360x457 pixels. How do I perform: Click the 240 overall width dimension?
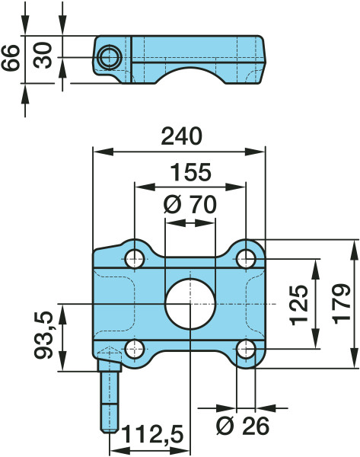(x=181, y=136)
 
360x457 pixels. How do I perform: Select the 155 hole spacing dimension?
(x=190, y=172)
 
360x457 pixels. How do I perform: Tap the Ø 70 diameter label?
(x=190, y=204)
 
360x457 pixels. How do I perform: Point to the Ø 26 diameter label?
(x=243, y=426)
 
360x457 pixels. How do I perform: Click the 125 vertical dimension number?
(x=299, y=305)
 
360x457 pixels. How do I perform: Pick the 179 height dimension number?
(x=342, y=304)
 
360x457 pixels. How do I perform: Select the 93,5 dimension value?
(x=43, y=335)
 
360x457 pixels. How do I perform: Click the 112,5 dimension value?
(x=153, y=435)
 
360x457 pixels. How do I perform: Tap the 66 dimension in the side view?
(x=11, y=58)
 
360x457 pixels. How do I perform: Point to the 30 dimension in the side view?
(x=43, y=56)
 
